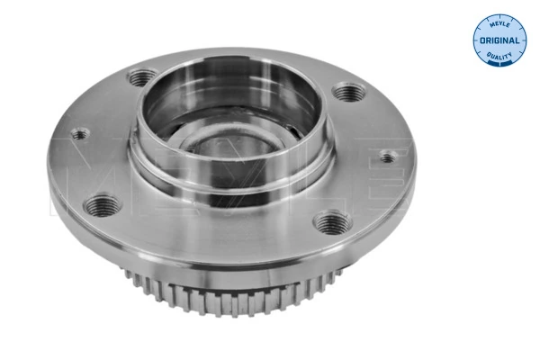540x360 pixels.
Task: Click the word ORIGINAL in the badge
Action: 498,41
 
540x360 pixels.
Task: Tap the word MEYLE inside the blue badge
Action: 498,23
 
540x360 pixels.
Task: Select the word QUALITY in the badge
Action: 498,58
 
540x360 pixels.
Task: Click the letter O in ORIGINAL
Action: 481,41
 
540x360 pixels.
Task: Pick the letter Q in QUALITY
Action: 487,58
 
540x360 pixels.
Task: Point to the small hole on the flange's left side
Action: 80,136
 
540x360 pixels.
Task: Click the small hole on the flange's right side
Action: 387,158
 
